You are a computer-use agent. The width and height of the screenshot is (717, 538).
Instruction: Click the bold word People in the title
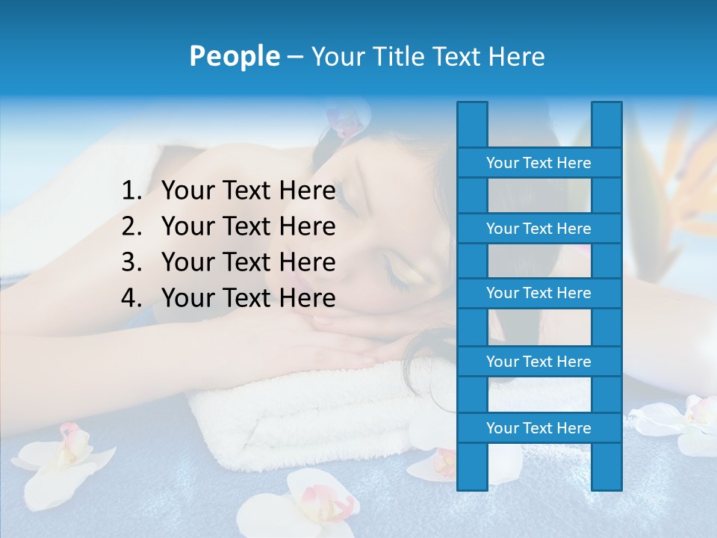(x=234, y=56)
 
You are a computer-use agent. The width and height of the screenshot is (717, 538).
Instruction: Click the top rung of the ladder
(x=538, y=163)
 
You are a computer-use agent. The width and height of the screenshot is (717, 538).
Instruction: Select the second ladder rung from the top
(x=538, y=228)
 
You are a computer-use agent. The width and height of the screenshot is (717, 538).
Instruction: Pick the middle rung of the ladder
(x=538, y=293)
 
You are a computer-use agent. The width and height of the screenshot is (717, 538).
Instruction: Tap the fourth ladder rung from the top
(x=538, y=362)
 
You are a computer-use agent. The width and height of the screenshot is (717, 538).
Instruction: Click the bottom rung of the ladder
(x=538, y=428)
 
